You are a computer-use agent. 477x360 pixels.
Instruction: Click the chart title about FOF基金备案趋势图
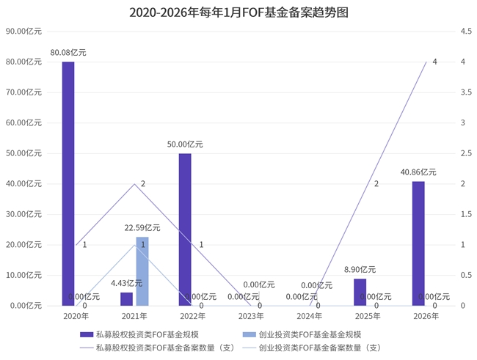coord(238,12)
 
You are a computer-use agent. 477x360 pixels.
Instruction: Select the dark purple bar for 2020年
coord(68,183)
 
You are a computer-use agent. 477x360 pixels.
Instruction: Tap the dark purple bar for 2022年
coord(185,229)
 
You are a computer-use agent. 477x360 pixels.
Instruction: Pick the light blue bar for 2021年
coord(142,271)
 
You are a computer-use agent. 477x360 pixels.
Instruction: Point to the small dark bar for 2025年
coord(360,293)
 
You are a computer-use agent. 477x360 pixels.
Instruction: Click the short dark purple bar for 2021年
coord(126,299)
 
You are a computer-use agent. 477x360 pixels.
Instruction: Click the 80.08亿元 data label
coord(68,53)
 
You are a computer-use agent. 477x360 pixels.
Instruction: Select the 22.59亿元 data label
coord(142,228)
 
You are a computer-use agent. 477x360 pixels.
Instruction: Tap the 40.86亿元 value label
coord(418,172)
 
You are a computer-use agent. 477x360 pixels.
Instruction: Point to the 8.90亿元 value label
coord(360,270)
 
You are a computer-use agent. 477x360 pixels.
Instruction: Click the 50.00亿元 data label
coord(185,144)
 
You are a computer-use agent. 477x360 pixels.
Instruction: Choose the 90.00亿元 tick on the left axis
coord(23,32)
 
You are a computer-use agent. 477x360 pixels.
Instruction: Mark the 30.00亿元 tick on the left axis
coord(23,214)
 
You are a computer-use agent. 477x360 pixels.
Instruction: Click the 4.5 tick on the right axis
coord(445,32)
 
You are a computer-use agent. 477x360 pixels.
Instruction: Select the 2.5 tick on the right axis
coord(445,153)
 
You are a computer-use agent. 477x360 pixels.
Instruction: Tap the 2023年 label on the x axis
coord(251,317)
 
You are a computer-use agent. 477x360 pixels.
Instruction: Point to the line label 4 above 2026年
coord(434,62)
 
